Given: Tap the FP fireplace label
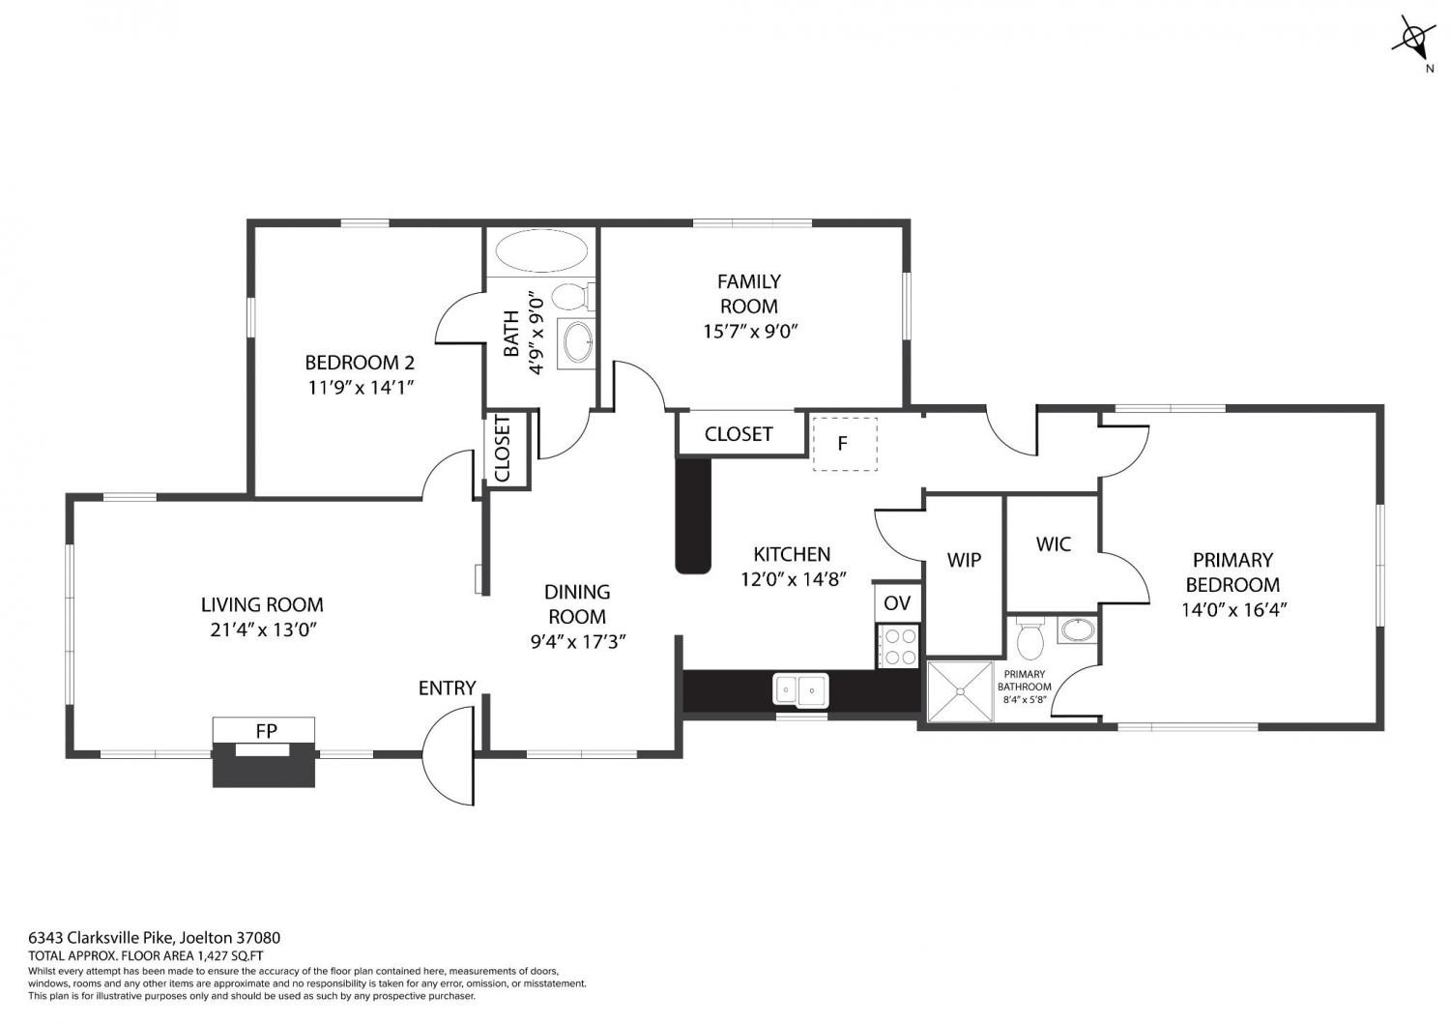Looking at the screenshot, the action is tap(266, 731).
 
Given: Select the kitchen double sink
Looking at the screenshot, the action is tap(800, 688).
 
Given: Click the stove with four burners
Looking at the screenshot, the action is tap(897, 646).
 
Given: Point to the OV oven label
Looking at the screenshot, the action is tap(897, 602).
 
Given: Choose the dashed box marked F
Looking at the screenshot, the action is tap(845, 444).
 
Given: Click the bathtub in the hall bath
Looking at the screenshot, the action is tap(541, 250).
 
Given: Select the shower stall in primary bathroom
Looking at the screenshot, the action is tap(960, 691).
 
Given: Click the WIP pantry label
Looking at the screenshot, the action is tap(964, 560).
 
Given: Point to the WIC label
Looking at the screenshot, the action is tap(1054, 543).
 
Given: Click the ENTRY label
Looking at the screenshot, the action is tap(447, 688).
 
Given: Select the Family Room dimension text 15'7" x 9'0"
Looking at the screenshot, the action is tap(749, 331).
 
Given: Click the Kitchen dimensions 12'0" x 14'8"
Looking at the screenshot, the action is tap(794, 579).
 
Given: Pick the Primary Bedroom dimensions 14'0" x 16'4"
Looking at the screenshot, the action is tap(1233, 609).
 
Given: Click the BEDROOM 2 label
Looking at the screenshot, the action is tap(360, 362).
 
